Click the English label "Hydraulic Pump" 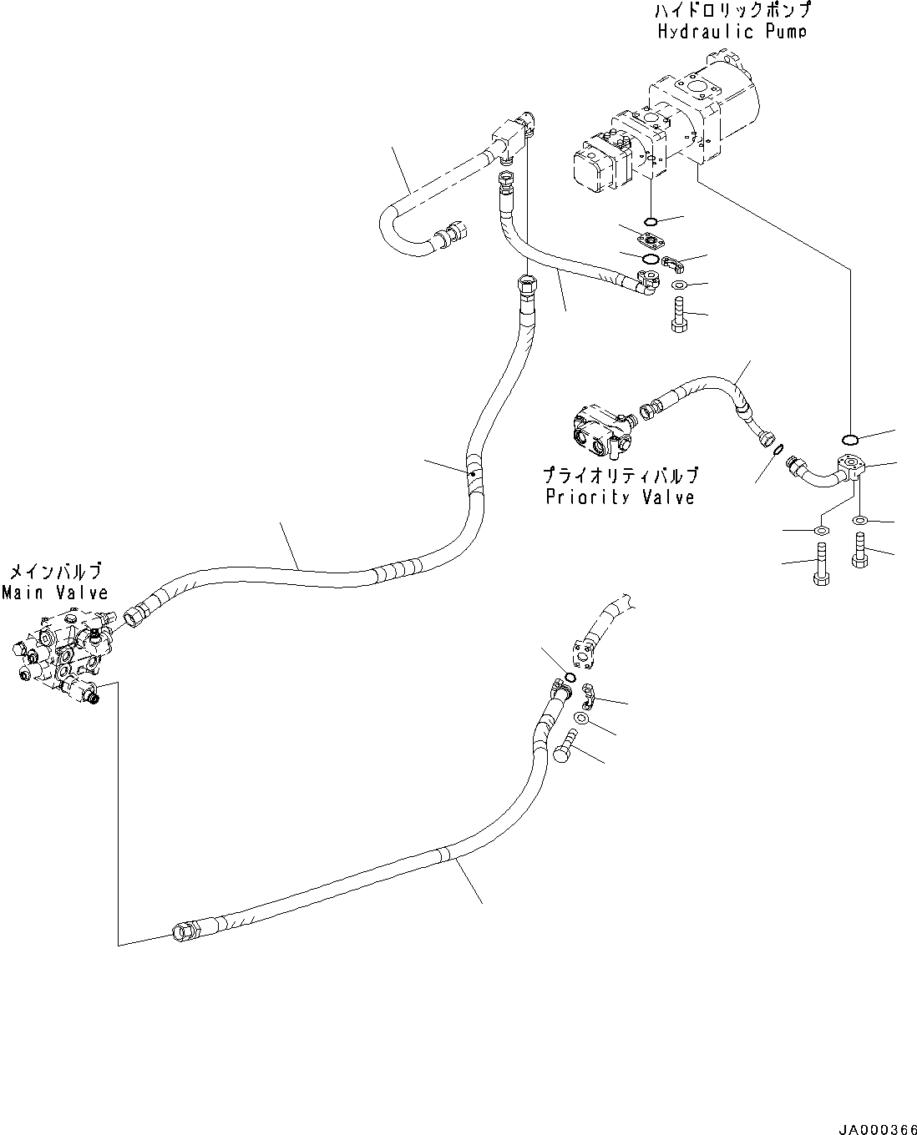coord(732,32)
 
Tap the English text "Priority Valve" coord(620,497)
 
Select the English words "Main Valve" coord(55,593)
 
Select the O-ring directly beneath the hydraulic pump coord(651,222)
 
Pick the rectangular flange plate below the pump coord(650,240)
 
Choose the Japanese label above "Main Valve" coord(55,573)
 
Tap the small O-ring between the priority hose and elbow coord(778,450)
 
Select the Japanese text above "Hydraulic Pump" coord(732,12)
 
